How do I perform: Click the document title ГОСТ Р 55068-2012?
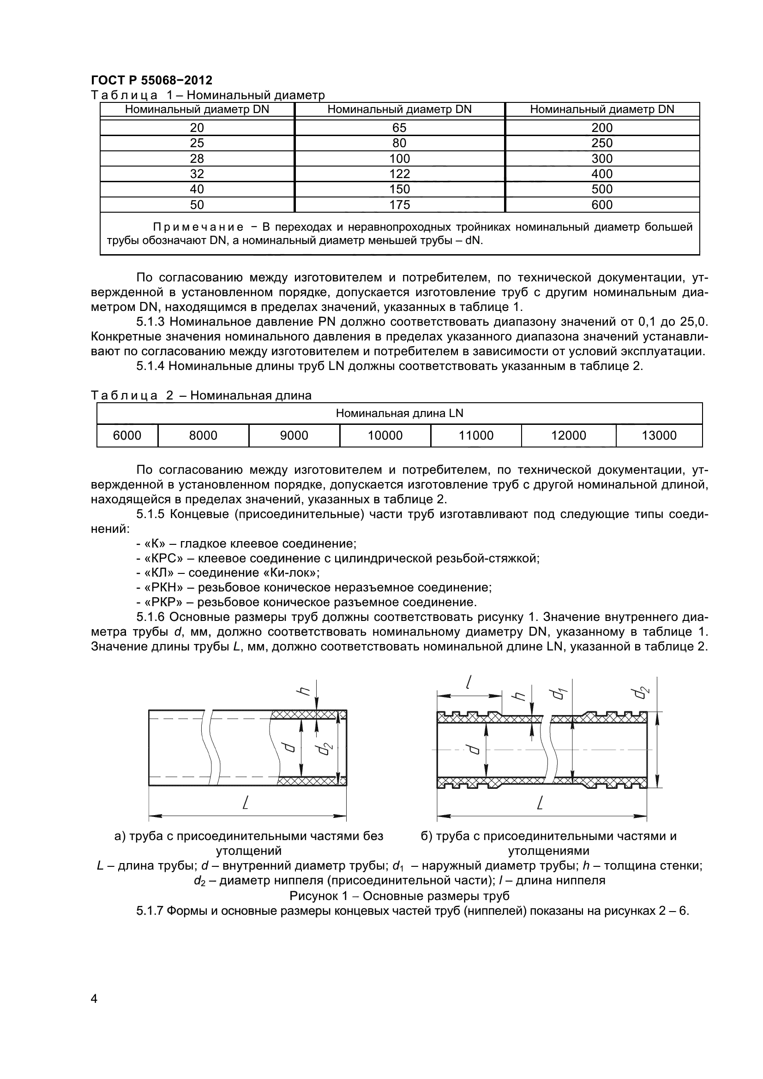[x=151, y=80]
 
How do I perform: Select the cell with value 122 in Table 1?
[x=399, y=174]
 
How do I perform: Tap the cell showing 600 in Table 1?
[x=602, y=204]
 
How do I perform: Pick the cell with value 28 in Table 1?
[x=197, y=158]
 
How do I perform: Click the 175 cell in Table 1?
[x=399, y=204]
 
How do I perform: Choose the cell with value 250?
[x=602, y=143]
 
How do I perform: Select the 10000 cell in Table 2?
[x=385, y=435]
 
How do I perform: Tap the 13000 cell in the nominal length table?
[x=659, y=435]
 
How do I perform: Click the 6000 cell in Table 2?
[x=127, y=435]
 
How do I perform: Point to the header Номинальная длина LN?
[x=399, y=413]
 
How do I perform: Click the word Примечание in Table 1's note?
[x=198, y=227]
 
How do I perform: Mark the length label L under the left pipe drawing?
[x=245, y=803]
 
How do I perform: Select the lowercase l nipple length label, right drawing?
[x=469, y=682]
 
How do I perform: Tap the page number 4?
[x=94, y=1012]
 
